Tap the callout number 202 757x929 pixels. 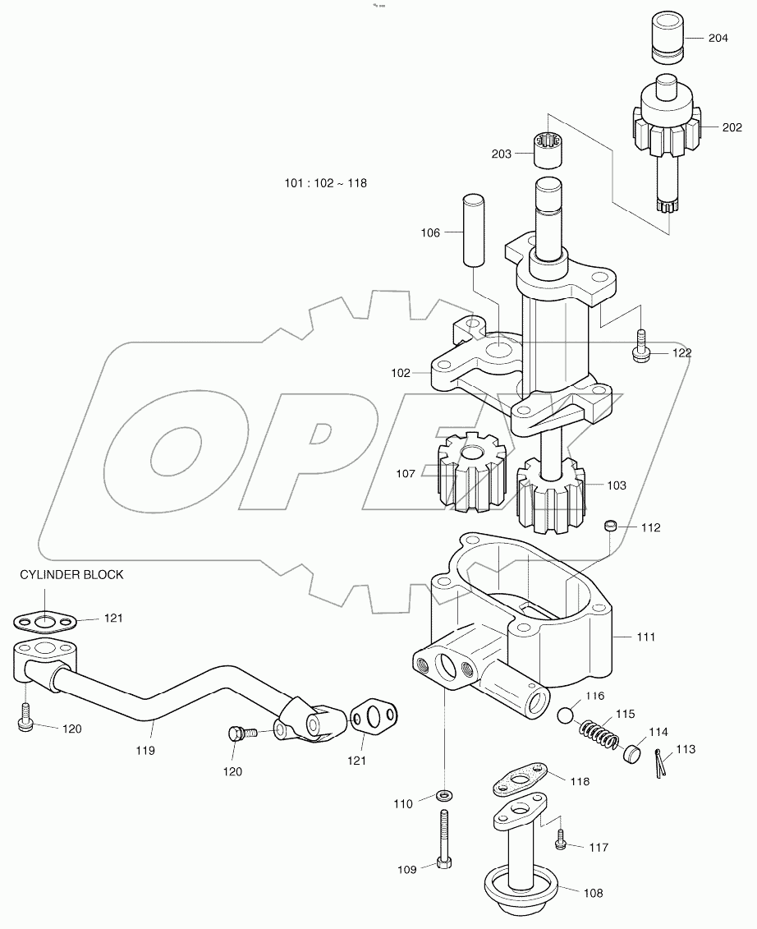coord(732,127)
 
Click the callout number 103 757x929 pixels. coord(616,485)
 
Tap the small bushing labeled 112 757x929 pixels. coord(610,526)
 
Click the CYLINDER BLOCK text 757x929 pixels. coord(72,575)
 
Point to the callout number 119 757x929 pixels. coord(145,750)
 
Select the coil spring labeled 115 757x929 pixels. coord(597,731)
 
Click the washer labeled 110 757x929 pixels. coord(445,795)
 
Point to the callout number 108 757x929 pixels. coord(593,893)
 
